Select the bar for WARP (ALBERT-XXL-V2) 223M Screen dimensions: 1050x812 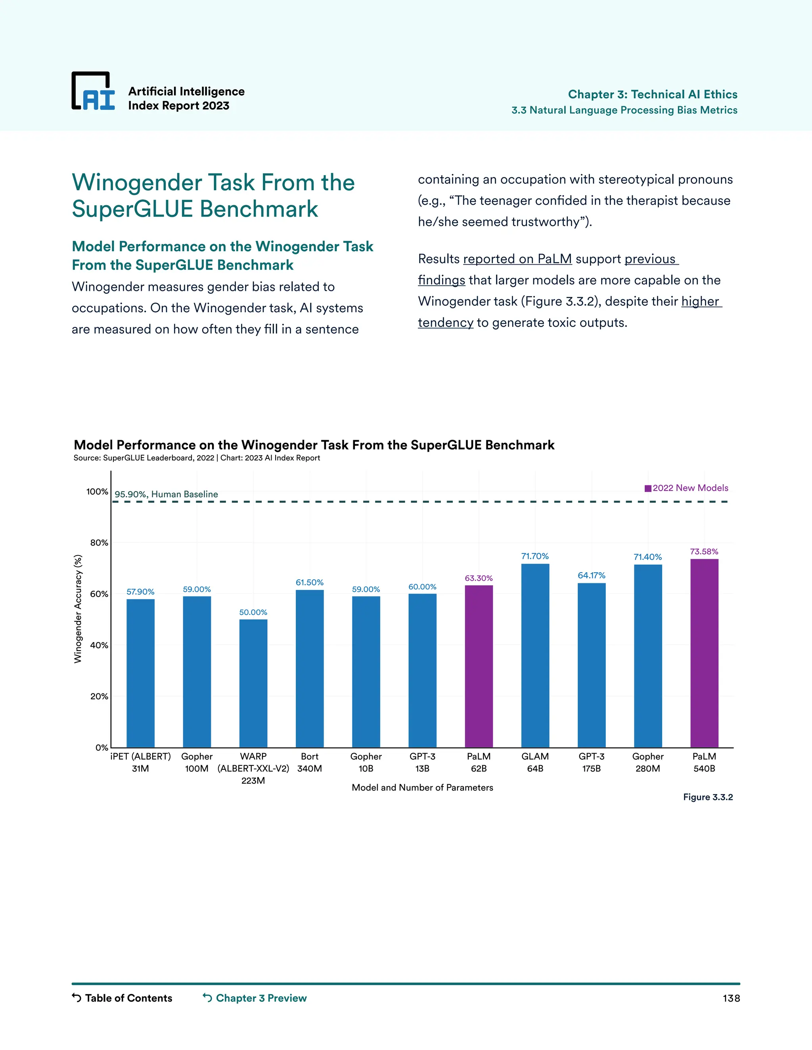click(253, 683)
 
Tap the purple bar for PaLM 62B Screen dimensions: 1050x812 click(479, 666)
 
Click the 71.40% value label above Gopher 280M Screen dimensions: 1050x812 click(647, 557)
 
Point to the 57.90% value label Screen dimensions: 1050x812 click(140, 591)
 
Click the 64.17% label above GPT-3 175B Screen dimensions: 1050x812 click(591, 575)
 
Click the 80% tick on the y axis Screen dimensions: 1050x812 click(99, 543)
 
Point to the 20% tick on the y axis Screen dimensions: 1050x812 click(99, 696)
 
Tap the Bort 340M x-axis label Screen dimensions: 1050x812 click(309, 762)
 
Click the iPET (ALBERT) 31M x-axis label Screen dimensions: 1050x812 click(140, 762)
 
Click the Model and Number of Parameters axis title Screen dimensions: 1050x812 click(422, 788)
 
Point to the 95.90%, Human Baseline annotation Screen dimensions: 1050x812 click(166, 494)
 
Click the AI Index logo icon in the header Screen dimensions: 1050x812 click(93, 92)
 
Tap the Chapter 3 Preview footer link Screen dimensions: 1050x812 click(255, 998)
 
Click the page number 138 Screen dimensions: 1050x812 click(731, 998)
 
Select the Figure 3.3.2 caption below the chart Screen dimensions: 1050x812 click(708, 797)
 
